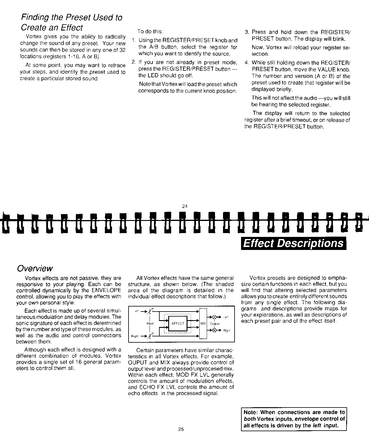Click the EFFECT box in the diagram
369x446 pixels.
tap(178, 323)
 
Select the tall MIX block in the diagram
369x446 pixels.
tap(203, 323)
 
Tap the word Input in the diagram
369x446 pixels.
tap(150, 323)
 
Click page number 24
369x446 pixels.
tap(185, 206)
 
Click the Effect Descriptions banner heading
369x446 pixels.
tap(293, 243)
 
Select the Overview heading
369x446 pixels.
tap(35, 268)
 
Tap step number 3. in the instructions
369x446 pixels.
tap(247, 32)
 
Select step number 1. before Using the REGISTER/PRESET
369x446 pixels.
tap(134, 40)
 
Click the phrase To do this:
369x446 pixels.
tap(150, 32)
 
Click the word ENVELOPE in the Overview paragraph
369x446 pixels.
tap(106, 290)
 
